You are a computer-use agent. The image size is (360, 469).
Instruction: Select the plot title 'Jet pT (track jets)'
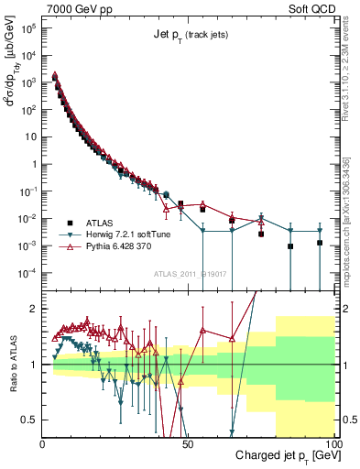[x=190, y=35]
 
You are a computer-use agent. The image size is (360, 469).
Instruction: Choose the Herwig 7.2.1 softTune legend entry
[x=128, y=234]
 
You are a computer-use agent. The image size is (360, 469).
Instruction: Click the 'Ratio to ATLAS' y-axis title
[x=13, y=363]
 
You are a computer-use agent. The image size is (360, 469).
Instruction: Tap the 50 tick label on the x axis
[x=189, y=442]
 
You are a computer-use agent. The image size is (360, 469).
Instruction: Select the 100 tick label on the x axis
[x=332, y=442]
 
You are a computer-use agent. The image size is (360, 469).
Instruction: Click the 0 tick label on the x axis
[x=43, y=442]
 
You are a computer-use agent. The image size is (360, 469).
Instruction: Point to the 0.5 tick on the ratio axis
[x=29, y=420]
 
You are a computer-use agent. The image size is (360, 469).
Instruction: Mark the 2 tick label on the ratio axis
[x=33, y=309]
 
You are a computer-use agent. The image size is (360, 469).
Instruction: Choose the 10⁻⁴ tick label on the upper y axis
[x=28, y=273]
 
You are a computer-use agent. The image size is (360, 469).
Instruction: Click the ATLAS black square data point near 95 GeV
[x=320, y=243]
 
